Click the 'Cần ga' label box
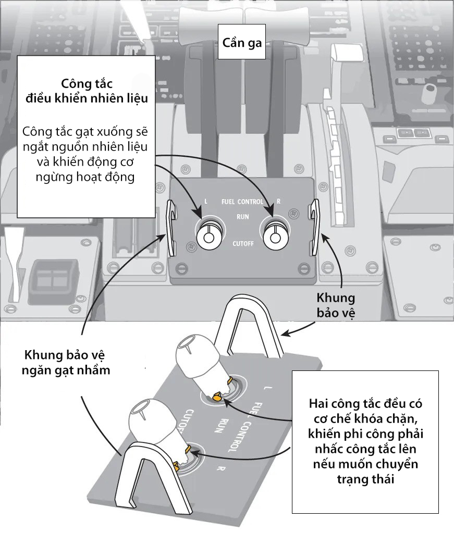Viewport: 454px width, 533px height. (242, 42)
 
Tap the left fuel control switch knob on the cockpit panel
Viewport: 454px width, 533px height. (208, 235)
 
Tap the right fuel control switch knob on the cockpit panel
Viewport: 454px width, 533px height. (275, 235)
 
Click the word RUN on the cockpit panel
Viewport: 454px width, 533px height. (242, 215)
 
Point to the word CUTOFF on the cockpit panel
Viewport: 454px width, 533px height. (243, 243)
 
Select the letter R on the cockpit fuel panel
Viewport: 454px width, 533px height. (279, 201)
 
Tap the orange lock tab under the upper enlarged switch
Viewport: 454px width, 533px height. (217, 398)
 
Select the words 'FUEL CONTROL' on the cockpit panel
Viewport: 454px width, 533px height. (242, 201)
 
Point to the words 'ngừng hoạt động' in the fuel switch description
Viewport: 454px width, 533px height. (86, 176)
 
